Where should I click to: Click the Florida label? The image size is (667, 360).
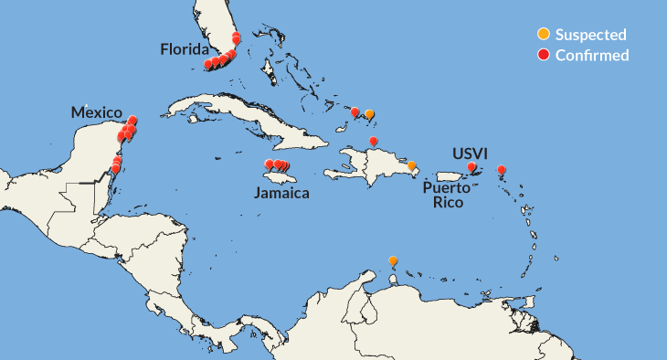pyautogui.click(x=185, y=48)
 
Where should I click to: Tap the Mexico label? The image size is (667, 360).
pyautogui.click(x=97, y=112)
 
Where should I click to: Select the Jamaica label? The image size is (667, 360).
pyautogui.click(x=282, y=193)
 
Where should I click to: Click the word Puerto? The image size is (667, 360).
pyautogui.click(x=447, y=187)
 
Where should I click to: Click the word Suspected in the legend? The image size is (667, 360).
pyautogui.click(x=590, y=35)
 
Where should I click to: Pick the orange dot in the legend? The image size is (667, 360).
pyautogui.click(x=543, y=35)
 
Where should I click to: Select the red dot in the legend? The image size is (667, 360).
pyautogui.click(x=543, y=55)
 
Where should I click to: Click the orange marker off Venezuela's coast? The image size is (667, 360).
pyautogui.click(x=393, y=261)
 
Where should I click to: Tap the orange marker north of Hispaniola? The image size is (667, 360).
pyautogui.click(x=369, y=114)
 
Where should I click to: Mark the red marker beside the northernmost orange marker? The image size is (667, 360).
pyautogui.click(x=355, y=112)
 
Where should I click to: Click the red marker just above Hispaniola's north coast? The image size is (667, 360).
pyautogui.click(x=373, y=141)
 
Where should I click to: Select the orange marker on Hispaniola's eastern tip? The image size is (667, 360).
pyautogui.click(x=411, y=166)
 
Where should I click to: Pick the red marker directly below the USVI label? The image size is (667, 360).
pyautogui.click(x=471, y=168)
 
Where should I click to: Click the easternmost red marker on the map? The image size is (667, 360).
pyautogui.click(x=501, y=170)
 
